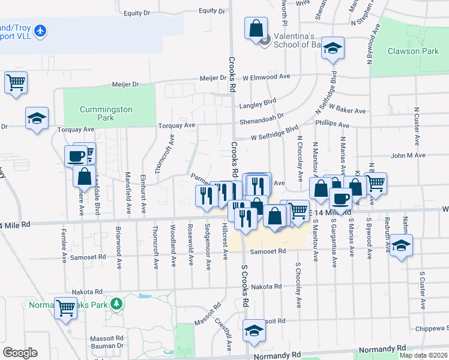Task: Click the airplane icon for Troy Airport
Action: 40,30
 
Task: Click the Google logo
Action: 20,353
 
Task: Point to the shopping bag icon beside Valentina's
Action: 256,28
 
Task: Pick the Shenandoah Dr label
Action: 263,116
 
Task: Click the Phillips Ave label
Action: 333,125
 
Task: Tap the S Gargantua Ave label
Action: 333,246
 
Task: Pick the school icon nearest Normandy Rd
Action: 255,331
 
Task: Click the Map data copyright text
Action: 423,355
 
